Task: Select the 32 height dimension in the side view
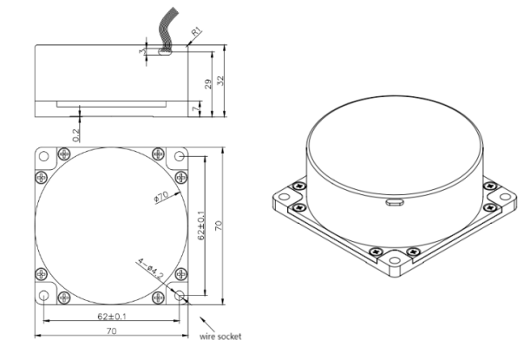(x=223, y=79)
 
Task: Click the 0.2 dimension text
(x=76, y=133)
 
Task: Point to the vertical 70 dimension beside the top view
(x=219, y=225)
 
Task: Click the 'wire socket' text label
(x=220, y=337)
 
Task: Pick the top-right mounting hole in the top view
(x=180, y=156)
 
